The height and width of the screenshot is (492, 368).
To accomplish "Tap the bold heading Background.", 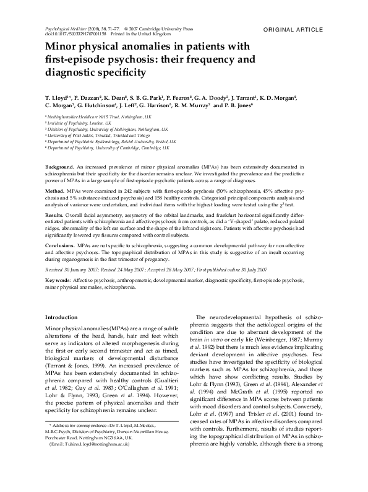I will pos(60,168).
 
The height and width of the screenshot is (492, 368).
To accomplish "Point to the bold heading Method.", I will pos(56,191).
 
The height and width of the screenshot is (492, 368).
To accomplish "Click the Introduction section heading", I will pos(62,317).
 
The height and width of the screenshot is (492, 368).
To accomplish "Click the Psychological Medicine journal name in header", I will pos(66,29).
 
